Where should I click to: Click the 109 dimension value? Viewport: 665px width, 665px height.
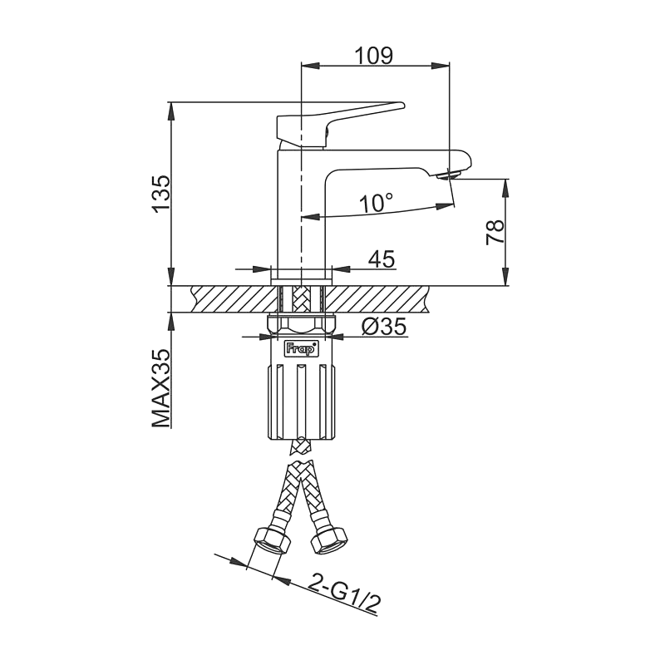coord(373,55)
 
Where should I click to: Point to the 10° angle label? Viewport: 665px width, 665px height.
coord(376,202)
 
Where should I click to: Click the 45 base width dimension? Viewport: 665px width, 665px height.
coord(381,259)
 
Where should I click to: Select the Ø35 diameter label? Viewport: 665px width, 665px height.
coord(384,327)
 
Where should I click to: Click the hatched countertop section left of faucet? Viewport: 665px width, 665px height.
coord(233,298)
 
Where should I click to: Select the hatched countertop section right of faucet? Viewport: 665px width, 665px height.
coord(382,298)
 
